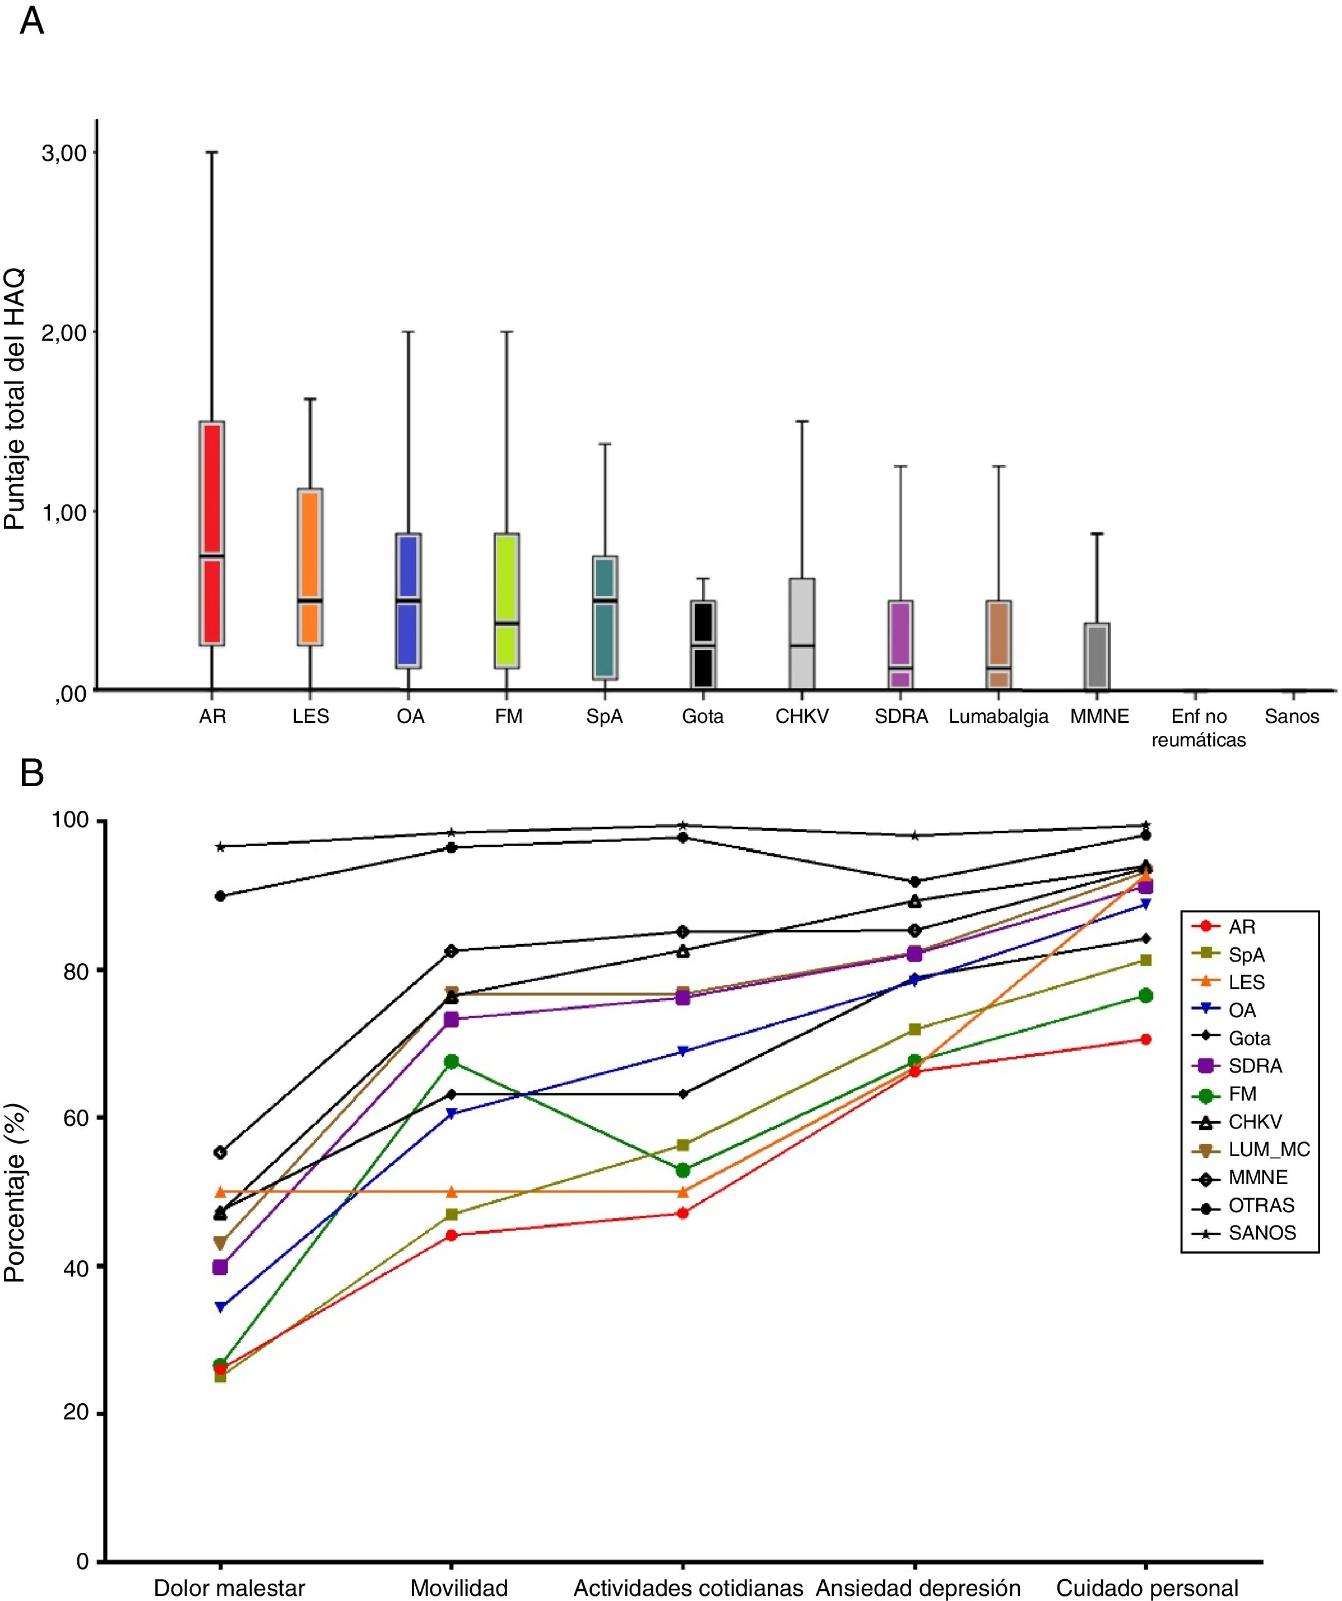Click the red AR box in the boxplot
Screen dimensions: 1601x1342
click(211, 533)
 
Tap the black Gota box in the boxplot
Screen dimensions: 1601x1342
click(702, 644)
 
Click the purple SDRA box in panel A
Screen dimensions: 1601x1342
click(900, 644)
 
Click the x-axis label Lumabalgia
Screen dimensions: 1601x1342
click(998, 717)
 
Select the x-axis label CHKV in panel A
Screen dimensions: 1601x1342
click(801, 717)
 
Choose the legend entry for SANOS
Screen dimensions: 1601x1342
click(1261, 1233)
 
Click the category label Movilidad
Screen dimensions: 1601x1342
click(459, 1588)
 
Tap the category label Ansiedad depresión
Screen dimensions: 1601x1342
click(918, 1588)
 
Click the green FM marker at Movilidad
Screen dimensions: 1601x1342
click(452, 1061)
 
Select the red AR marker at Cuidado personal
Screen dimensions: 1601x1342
click(1145, 1039)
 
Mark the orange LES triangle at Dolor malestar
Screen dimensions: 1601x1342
click(220, 1191)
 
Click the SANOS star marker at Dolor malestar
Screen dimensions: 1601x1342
click(220, 846)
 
